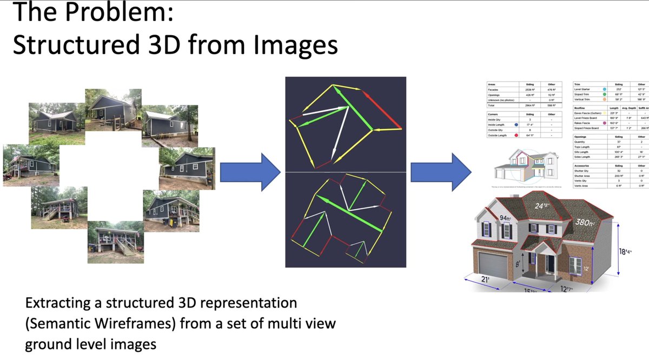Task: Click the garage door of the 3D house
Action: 492,265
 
